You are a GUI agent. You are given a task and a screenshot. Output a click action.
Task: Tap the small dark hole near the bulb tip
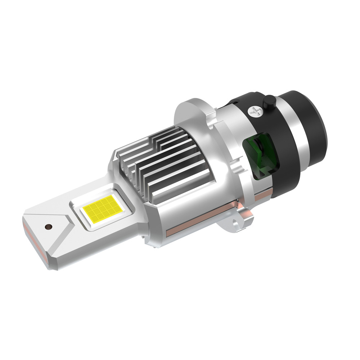(48, 227)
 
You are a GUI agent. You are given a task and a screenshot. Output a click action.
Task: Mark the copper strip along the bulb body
(202, 220)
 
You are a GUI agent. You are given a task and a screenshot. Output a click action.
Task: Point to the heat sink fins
(162, 162)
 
